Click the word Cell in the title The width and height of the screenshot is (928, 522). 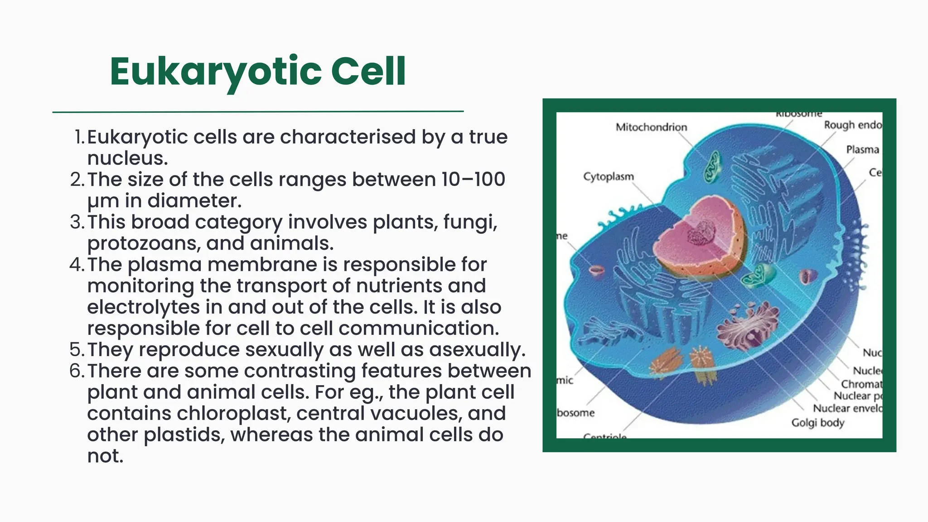coord(368,72)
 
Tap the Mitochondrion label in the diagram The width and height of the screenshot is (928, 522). coord(651,127)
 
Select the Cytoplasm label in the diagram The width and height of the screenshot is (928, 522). coord(608,176)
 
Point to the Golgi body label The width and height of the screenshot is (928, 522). coord(817,423)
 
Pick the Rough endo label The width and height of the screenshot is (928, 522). coord(852,125)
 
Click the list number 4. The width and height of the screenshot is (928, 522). coord(77,265)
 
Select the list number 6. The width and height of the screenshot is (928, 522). coord(77,371)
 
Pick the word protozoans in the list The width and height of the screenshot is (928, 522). coord(143,244)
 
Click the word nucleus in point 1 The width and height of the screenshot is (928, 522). coord(127,159)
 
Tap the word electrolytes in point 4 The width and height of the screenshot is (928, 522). coord(143,307)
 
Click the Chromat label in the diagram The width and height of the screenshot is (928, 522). coord(861,384)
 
